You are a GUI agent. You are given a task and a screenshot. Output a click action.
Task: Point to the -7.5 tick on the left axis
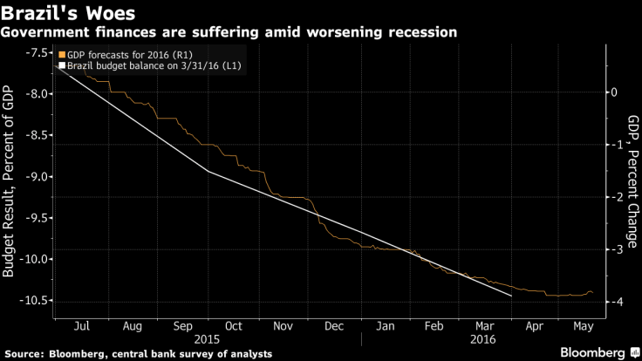point(36,53)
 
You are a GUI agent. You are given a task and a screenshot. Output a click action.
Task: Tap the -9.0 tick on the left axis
point(36,177)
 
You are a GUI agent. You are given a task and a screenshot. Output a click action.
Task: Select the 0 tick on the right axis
point(614,92)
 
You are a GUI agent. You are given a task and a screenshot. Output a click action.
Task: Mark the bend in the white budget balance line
point(208,171)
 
